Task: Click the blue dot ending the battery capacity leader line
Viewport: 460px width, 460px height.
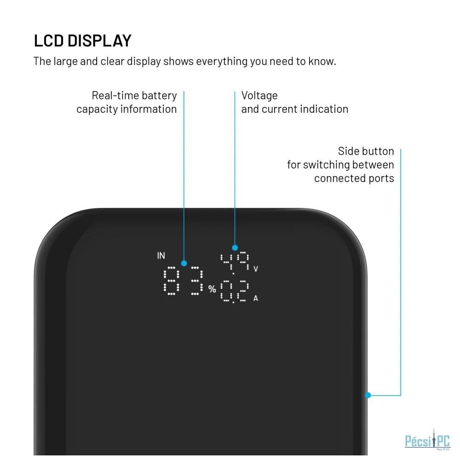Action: pyautogui.click(x=184, y=263)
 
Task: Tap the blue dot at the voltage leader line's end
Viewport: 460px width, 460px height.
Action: pyautogui.click(x=235, y=247)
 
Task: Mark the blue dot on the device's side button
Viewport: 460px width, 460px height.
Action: pyautogui.click(x=368, y=395)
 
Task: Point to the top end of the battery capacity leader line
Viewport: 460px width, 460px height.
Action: pyautogui.click(x=184, y=92)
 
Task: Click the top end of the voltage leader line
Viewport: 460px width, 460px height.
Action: pyautogui.click(x=235, y=92)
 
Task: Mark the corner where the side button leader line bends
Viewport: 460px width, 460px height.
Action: pyautogui.click(x=401, y=395)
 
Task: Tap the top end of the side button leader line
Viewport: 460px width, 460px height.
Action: pyautogui.click(x=401, y=149)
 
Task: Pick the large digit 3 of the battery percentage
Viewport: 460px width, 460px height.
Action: pyautogui.click(x=196, y=281)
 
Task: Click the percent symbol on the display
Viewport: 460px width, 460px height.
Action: pyautogui.click(x=212, y=289)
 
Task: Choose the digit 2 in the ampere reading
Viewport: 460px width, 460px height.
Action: pyautogui.click(x=242, y=291)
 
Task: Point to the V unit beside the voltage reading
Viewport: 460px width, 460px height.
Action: pyautogui.click(x=256, y=269)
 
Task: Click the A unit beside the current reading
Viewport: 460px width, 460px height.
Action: pyautogui.click(x=256, y=299)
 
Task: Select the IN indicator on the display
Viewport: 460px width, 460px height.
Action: pyautogui.click(x=161, y=255)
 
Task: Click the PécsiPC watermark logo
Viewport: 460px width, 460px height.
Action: pyautogui.click(x=427, y=440)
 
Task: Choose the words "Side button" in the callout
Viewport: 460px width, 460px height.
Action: pyautogui.click(x=366, y=151)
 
